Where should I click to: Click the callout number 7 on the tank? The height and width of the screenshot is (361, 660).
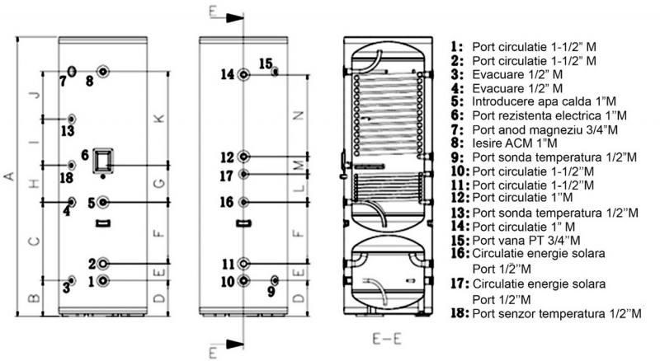(63, 81)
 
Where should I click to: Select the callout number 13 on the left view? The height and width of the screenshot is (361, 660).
(67, 130)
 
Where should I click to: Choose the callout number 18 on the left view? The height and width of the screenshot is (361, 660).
(67, 176)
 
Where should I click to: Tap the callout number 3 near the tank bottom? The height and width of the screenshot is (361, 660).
(67, 288)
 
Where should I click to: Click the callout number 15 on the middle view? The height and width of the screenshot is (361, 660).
(264, 63)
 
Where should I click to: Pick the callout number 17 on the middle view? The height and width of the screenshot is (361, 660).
(227, 175)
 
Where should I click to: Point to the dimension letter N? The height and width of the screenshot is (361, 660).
(299, 115)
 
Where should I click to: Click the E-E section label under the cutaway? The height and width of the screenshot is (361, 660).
(386, 336)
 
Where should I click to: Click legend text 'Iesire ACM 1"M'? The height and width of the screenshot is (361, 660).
(516, 144)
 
